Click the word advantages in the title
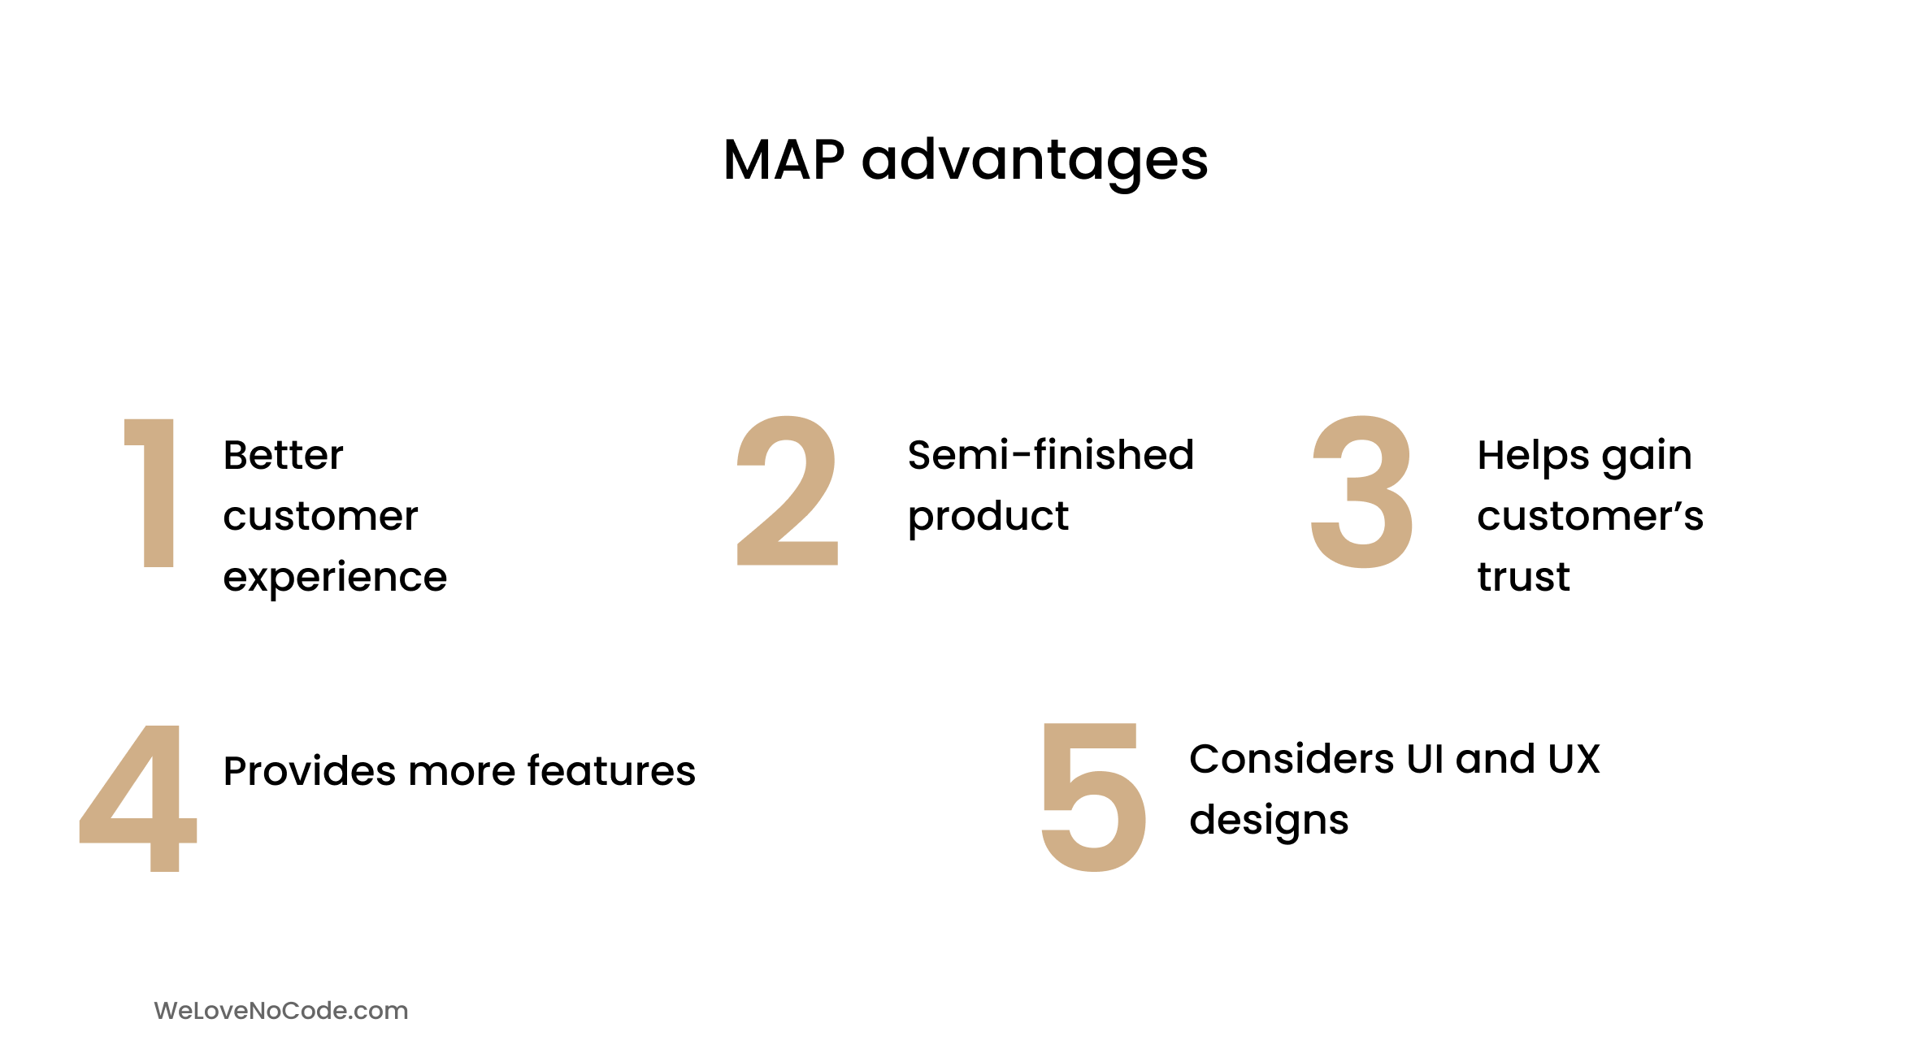click(x=1035, y=162)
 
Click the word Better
click(x=283, y=455)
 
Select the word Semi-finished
click(x=1050, y=454)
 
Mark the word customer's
click(x=1590, y=516)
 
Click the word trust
click(x=1523, y=577)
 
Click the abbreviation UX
click(x=1574, y=759)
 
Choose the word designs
click(x=1269, y=821)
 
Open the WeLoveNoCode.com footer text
click(x=281, y=1011)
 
